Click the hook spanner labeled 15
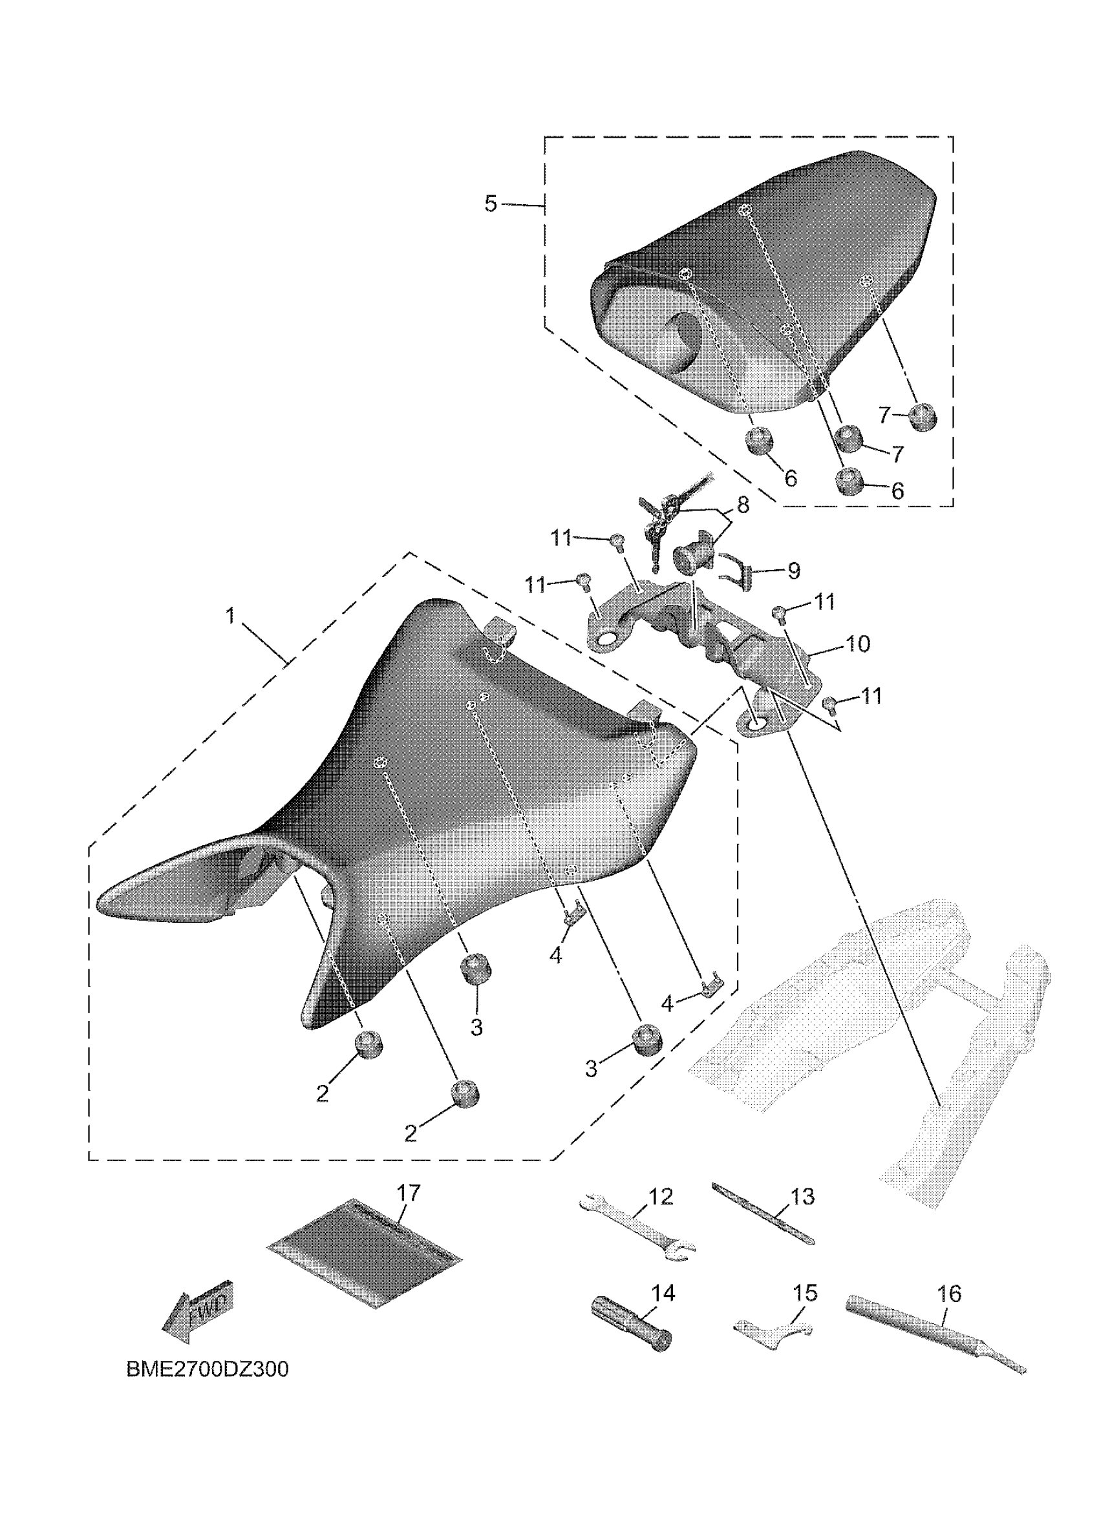pyautogui.click(x=773, y=1330)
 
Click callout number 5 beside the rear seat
pyautogui.click(x=491, y=204)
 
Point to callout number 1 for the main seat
pyautogui.click(x=230, y=615)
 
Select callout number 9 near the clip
pyautogui.click(x=793, y=571)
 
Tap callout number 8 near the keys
pyautogui.click(x=742, y=505)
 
